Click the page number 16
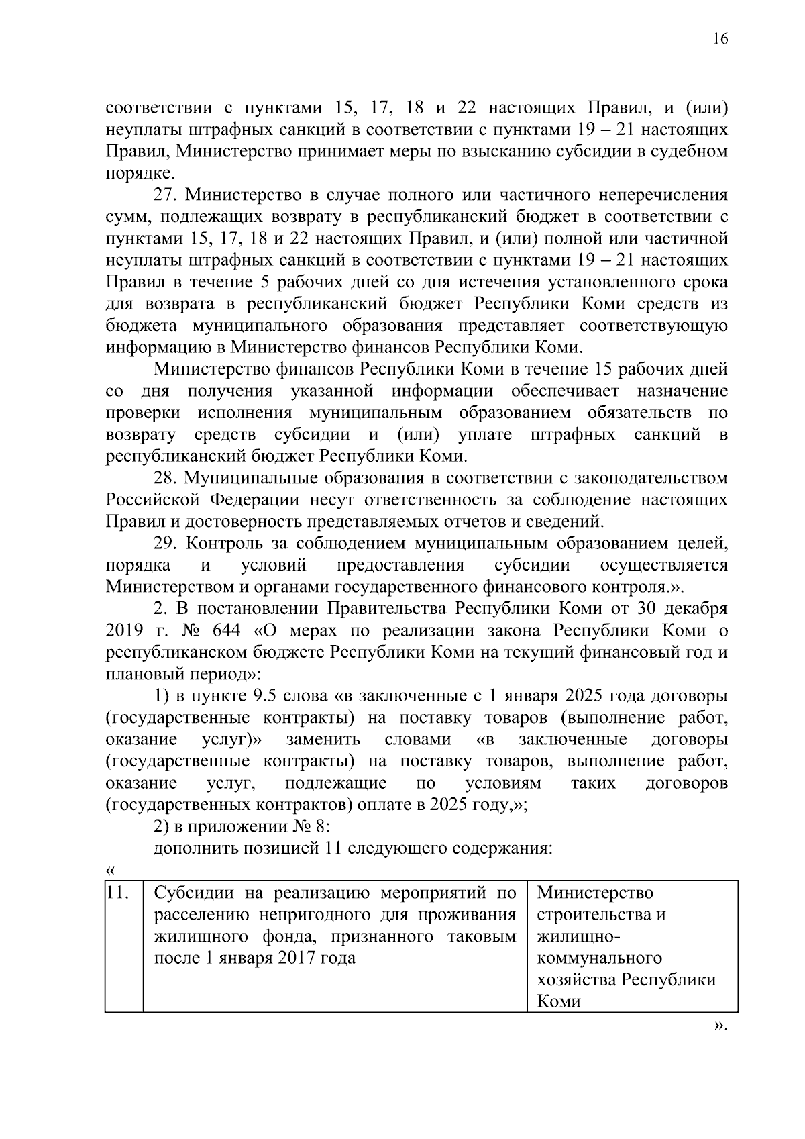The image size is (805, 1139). [x=719, y=38]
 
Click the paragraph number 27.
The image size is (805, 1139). [x=164, y=195]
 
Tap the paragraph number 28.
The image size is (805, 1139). [x=164, y=479]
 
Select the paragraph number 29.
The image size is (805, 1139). [x=164, y=544]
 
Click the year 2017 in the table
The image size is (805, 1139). [x=300, y=958]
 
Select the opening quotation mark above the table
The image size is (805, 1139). [x=111, y=871]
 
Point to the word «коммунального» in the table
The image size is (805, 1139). [x=599, y=958]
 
